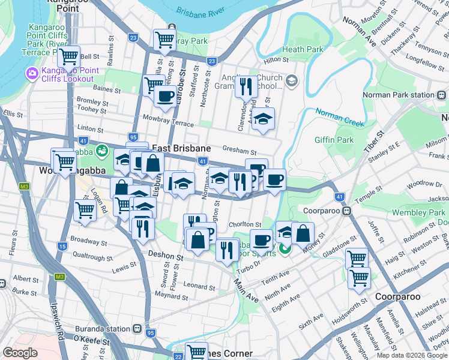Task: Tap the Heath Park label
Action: (303, 49)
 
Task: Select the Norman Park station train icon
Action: (441, 95)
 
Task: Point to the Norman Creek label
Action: (339, 118)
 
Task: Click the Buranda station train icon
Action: (138, 329)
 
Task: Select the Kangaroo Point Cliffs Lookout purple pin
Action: (31, 74)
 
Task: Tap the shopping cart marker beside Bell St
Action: (68, 57)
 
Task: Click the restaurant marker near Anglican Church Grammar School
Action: (246, 86)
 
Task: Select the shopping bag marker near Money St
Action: (304, 233)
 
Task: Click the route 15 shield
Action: (62, 247)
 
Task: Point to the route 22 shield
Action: (178, 356)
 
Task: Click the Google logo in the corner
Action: (20, 353)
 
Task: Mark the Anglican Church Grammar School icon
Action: (292, 81)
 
